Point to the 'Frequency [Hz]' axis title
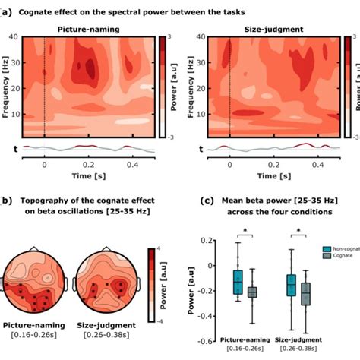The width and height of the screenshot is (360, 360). point(8,86)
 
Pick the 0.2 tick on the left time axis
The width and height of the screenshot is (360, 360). point(89,163)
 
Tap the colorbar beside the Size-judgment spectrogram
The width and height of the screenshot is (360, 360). point(347,86)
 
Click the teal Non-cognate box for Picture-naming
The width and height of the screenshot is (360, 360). point(237,282)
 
